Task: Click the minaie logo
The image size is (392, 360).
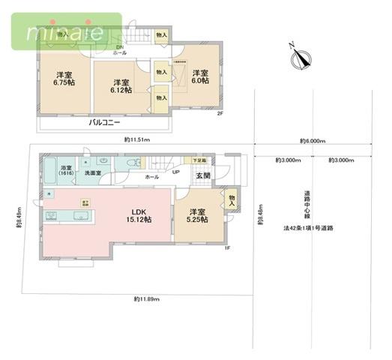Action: [65, 32]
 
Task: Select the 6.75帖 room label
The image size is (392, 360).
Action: [62, 79]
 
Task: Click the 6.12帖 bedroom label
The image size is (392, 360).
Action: [121, 85]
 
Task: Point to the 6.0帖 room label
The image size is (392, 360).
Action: [199, 78]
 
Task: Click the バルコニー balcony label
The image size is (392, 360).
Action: [104, 121]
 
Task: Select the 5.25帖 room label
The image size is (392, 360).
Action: [199, 216]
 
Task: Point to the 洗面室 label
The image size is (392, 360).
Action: [93, 173]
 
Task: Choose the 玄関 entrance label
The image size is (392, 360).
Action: [203, 175]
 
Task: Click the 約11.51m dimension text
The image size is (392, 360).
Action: [137, 139]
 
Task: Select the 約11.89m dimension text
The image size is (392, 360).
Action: [145, 298]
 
